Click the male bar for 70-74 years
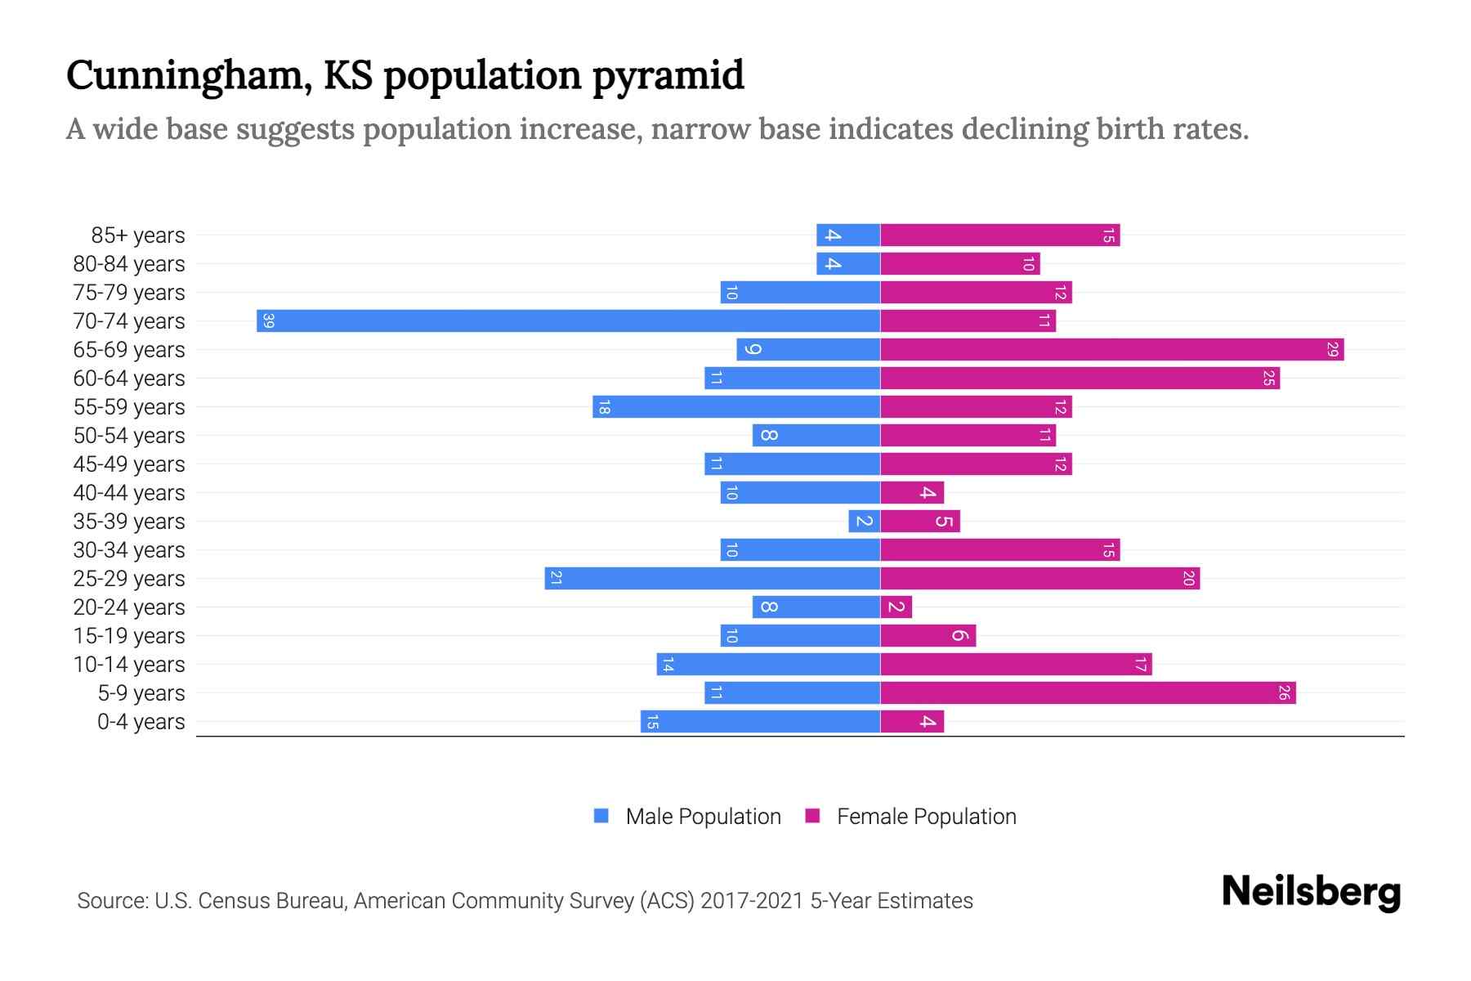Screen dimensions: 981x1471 (x=568, y=320)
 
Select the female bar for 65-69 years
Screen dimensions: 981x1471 (x=1111, y=350)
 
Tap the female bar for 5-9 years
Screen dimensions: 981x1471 (x=1087, y=693)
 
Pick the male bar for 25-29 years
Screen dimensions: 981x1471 (x=712, y=579)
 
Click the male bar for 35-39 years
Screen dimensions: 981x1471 (x=864, y=522)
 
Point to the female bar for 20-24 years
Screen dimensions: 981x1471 (x=896, y=607)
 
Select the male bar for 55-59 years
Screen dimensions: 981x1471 (x=735, y=407)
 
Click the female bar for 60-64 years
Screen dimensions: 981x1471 (x=1079, y=379)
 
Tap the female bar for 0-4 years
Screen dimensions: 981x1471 (x=911, y=722)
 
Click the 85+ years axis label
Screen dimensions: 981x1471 (x=137, y=235)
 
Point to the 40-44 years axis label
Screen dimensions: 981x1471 (x=129, y=493)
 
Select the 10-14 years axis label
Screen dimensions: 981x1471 (x=129, y=665)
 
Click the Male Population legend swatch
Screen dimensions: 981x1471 (x=601, y=816)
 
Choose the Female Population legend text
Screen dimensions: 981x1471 (x=926, y=817)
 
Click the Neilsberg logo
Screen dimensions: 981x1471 (x=1311, y=891)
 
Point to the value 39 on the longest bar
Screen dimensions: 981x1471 (x=269, y=321)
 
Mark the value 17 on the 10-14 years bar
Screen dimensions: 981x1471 (x=1141, y=665)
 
